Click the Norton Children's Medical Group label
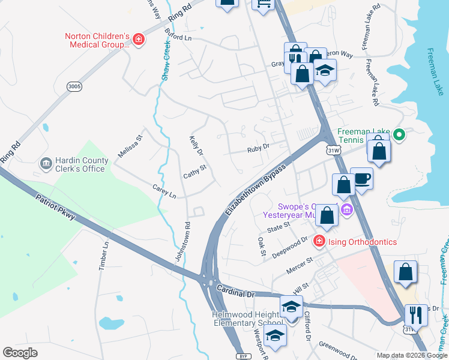point(97,40)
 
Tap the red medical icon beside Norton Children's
point(139,40)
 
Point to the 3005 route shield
point(74,86)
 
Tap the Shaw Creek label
point(166,61)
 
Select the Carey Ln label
point(164,191)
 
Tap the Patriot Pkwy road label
point(55,207)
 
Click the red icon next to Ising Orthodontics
point(319,241)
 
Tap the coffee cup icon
point(361,178)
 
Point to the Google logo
point(20,352)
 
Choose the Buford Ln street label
point(179,37)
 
